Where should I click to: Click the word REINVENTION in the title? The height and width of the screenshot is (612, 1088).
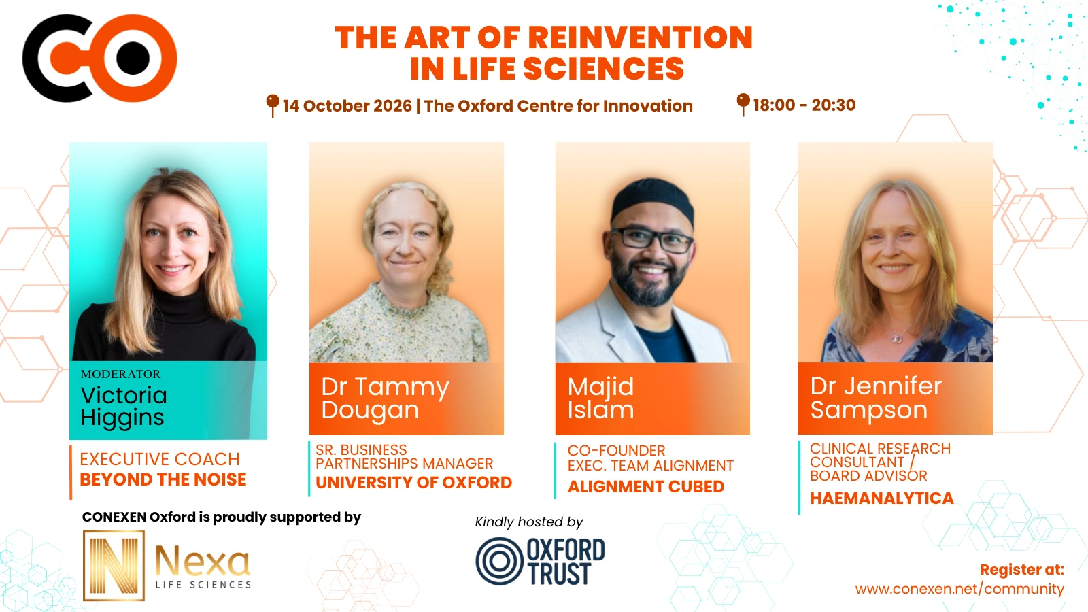(x=640, y=37)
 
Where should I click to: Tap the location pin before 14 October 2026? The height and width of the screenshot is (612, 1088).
(x=273, y=105)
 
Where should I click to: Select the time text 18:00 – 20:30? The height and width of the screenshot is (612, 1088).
(x=804, y=105)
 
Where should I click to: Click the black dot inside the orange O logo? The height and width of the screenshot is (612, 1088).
(x=133, y=58)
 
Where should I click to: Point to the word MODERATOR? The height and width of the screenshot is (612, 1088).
(x=120, y=374)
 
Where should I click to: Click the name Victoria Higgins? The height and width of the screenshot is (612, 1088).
(x=124, y=407)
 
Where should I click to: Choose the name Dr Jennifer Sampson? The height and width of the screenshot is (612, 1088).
(x=876, y=398)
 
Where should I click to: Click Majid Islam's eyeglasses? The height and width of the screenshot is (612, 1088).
(x=651, y=239)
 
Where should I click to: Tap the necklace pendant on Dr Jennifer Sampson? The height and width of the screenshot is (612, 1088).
(x=897, y=339)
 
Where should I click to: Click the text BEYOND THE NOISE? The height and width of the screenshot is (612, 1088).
(x=163, y=480)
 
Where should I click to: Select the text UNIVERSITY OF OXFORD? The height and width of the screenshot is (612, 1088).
(x=414, y=483)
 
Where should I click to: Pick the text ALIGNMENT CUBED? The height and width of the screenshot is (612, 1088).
(x=646, y=487)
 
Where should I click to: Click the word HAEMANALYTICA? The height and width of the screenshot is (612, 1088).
(x=881, y=498)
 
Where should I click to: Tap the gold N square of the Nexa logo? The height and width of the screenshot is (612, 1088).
(x=114, y=565)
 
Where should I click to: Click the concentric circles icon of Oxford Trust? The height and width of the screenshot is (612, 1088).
(x=499, y=561)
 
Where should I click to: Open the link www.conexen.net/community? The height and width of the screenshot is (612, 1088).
(x=959, y=589)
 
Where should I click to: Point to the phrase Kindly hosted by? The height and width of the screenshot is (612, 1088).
(x=529, y=522)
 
